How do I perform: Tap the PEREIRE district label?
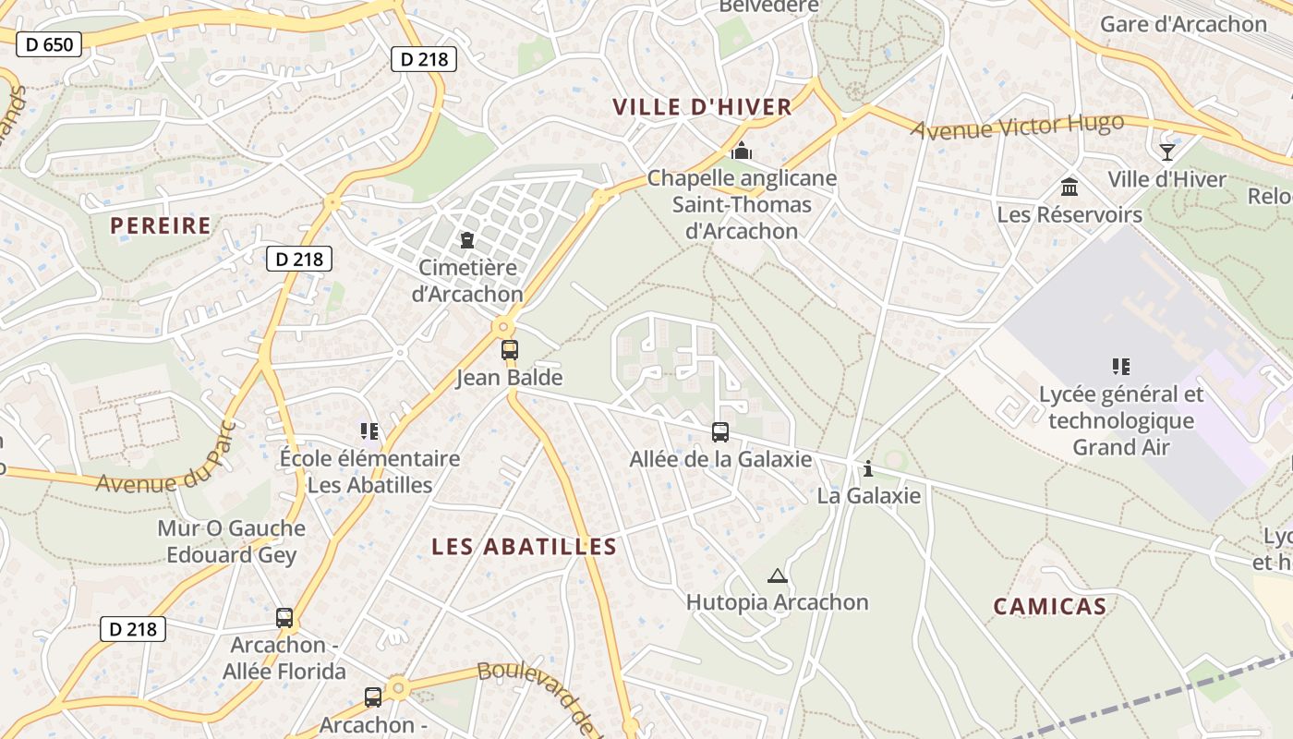click(x=161, y=225)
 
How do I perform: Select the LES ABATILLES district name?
click(x=524, y=547)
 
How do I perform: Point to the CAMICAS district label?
click(x=1049, y=607)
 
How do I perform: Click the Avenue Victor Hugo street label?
click(x=1017, y=127)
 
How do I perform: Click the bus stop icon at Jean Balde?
click(x=510, y=350)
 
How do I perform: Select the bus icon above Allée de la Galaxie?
click(x=720, y=431)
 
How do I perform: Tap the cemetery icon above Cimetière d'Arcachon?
click(x=467, y=240)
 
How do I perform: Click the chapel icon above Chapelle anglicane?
click(x=741, y=150)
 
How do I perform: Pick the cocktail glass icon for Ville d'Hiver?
click(x=1167, y=151)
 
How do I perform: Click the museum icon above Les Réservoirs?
click(x=1069, y=188)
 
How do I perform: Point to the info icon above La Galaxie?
click(x=868, y=469)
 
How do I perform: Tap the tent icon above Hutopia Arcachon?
click(x=778, y=576)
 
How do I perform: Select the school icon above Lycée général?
click(x=1121, y=367)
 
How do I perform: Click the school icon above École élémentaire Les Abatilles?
click(x=369, y=431)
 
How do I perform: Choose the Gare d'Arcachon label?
click(x=1183, y=25)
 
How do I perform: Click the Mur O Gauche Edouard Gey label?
click(x=231, y=541)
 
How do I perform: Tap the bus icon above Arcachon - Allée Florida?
click(x=284, y=618)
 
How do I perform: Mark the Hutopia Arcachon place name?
click(x=777, y=602)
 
